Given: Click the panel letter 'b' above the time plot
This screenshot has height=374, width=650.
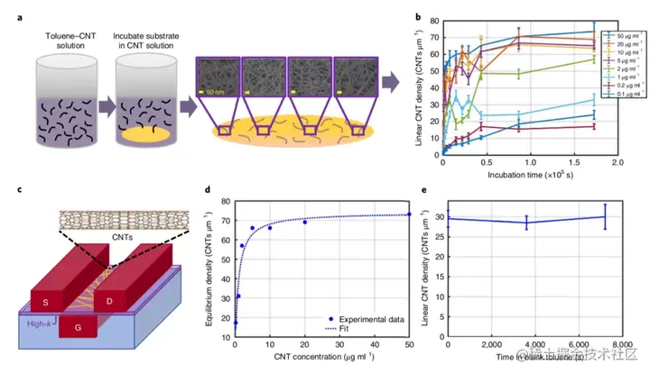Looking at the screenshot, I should coord(416,17).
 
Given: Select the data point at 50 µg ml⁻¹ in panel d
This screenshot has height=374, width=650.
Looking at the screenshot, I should coord(409,214).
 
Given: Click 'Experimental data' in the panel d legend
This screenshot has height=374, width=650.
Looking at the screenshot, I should coord(362,319).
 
